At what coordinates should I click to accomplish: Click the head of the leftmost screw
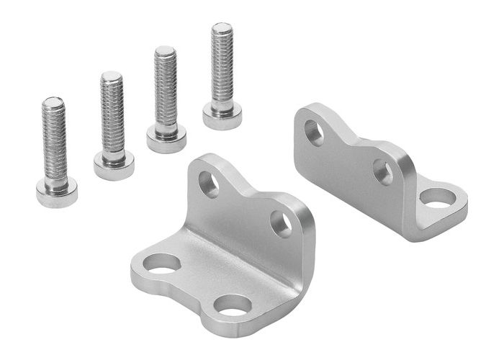(x=56, y=193)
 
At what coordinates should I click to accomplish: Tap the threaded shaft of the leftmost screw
(x=54, y=144)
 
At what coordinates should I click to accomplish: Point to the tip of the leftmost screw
(x=53, y=102)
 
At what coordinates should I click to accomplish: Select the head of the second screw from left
(x=114, y=166)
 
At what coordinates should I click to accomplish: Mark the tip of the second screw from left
(x=110, y=76)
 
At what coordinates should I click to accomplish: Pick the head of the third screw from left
(x=166, y=139)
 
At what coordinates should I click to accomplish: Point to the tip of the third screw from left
(x=165, y=51)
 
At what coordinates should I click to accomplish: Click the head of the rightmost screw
(x=222, y=115)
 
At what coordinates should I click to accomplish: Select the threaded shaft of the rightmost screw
(x=222, y=68)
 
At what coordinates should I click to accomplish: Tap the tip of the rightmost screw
(x=222, y=28)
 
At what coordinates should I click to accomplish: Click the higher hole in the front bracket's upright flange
(x=209, y=184)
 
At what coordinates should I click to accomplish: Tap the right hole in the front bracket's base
(x=233, y=305)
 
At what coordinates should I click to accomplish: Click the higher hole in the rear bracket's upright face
(x=314, y=132)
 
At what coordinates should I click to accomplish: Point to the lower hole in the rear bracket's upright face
(x=383, y=172)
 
